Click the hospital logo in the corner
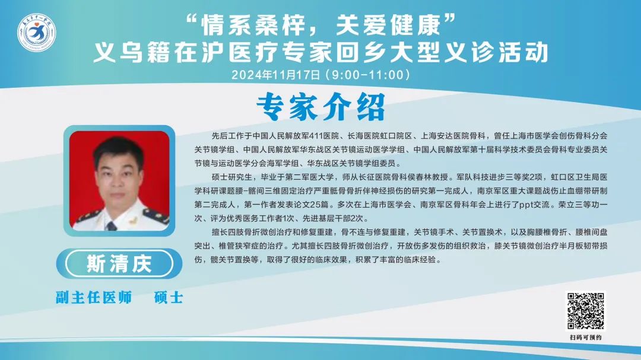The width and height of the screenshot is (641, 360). (x=36, y=33)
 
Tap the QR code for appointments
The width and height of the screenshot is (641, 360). (x=585, y=311)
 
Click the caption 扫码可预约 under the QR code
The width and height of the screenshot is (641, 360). (x=585, y=337)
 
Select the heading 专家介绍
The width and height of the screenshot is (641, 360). (x=320, y=107)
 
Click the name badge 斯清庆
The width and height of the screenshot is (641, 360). (x=119, y=263)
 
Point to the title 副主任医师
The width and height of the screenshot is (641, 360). (x=94, y=298)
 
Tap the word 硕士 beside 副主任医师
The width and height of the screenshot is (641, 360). (x=169, y=298)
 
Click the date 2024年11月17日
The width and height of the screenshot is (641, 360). (x=276, y=75)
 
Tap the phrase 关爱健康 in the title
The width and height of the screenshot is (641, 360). (x=388, y=25)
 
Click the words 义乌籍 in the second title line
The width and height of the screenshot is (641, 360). (x=131, y=52)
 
